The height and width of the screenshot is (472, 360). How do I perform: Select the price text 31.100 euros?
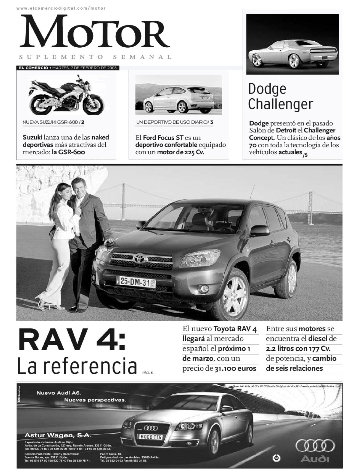point(235,369)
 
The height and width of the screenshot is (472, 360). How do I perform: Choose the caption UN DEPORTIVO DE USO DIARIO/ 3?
point(175,122)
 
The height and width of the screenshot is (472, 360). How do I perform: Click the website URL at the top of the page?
point(61,8)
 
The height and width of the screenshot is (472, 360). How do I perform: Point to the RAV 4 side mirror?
point(260,230)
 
